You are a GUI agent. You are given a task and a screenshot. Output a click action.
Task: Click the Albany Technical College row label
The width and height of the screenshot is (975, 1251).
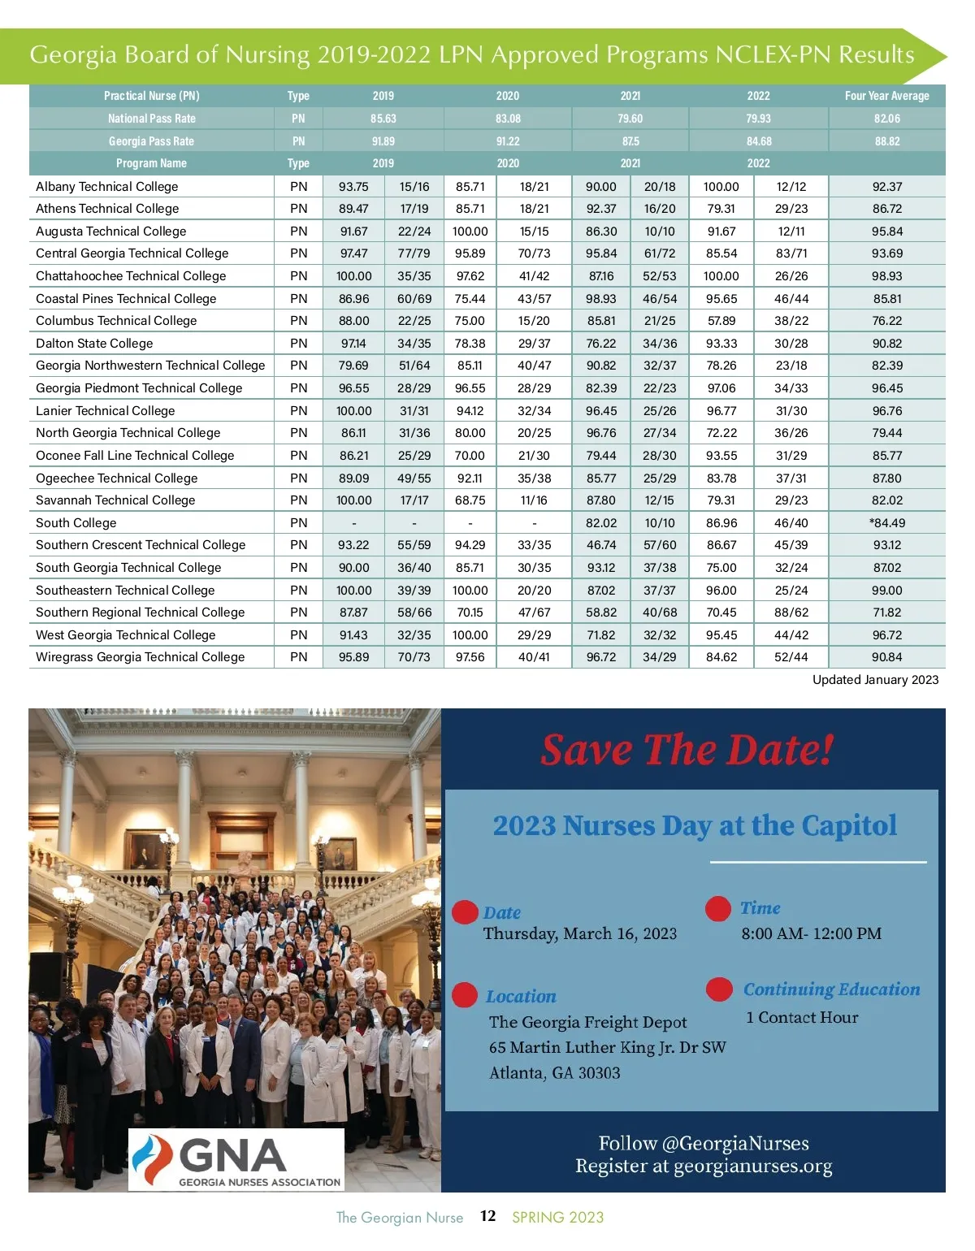pos(107,187)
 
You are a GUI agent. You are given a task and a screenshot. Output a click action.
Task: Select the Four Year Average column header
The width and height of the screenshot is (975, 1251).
pos(886,96)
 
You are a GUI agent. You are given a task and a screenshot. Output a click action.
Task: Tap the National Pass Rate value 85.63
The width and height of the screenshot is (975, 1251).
pos(383,119)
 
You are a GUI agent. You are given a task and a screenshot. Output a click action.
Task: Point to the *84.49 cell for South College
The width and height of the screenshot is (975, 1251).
pos(886,523)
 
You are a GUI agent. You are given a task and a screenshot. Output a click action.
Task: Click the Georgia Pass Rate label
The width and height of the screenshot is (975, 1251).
pos(151,141)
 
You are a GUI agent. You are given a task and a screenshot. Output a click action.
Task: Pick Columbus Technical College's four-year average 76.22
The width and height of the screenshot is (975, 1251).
pos(886,321)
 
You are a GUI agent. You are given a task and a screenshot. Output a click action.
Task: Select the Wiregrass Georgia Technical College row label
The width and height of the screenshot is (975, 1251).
pos(140,657)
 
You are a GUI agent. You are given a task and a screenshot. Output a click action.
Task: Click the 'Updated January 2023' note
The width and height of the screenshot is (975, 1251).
pos(875,680)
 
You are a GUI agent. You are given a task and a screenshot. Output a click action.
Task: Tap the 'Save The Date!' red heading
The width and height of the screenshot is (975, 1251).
pos(687,750)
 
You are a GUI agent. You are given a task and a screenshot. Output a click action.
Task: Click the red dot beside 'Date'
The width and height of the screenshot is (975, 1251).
pos(465,912)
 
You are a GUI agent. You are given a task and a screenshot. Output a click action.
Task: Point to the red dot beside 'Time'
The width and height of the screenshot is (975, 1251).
pos(718,908)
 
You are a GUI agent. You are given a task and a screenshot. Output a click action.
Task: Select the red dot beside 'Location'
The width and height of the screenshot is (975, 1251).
pos(465,995)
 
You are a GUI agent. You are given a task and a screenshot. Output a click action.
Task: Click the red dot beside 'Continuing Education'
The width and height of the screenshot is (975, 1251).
pos(719,989)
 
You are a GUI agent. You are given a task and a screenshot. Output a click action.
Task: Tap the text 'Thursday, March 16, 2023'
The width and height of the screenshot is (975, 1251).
pos(579,934)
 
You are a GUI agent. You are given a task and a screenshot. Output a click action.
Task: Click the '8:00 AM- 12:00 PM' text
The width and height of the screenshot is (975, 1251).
pos(811,934)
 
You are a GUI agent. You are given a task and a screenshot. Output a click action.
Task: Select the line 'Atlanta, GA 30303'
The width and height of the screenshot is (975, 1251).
pos(554,1073)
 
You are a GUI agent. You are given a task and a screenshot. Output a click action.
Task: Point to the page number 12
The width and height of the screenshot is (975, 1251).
pos(487,1216)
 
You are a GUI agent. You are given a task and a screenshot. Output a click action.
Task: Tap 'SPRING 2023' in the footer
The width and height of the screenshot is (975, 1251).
pos(557,1217)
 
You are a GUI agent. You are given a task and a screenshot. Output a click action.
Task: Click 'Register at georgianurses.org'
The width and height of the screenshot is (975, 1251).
pos(704,1167)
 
